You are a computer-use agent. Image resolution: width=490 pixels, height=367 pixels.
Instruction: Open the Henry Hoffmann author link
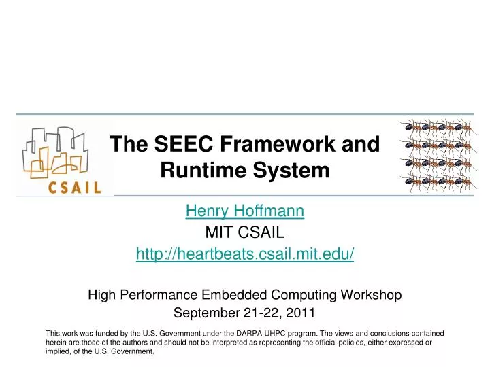point(245,211)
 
